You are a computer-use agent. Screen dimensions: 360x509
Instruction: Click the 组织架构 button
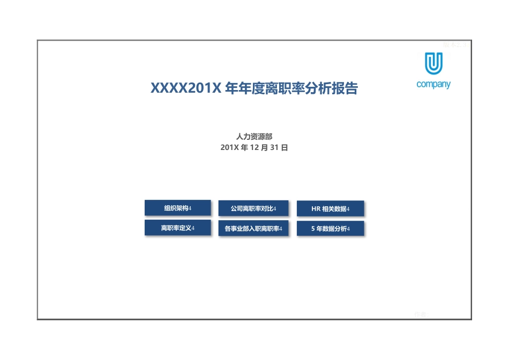(177, 208)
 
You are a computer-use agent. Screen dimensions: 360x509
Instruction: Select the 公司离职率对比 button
(253, 208)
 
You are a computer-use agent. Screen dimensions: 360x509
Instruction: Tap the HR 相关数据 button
(330, 209)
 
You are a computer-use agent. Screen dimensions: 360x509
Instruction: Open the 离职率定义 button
(177, 228)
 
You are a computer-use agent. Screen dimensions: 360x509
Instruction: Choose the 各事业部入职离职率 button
(253, 229)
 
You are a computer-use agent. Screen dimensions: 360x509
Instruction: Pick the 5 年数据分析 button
(330, 229)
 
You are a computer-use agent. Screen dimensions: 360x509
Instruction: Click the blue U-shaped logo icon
(433, 64)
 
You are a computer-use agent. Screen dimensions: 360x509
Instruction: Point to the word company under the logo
(433, 84)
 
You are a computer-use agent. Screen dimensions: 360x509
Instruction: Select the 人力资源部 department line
(254, 137)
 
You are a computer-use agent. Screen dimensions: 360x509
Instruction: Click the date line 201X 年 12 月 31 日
(254, 147)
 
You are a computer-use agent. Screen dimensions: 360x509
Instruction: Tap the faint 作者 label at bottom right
(421, 314)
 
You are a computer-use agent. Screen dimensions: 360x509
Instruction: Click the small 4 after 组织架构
(190, 208)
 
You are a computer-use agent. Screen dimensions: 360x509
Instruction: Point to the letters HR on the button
(316, 209)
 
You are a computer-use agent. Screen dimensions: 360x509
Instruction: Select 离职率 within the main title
(276, 88)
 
